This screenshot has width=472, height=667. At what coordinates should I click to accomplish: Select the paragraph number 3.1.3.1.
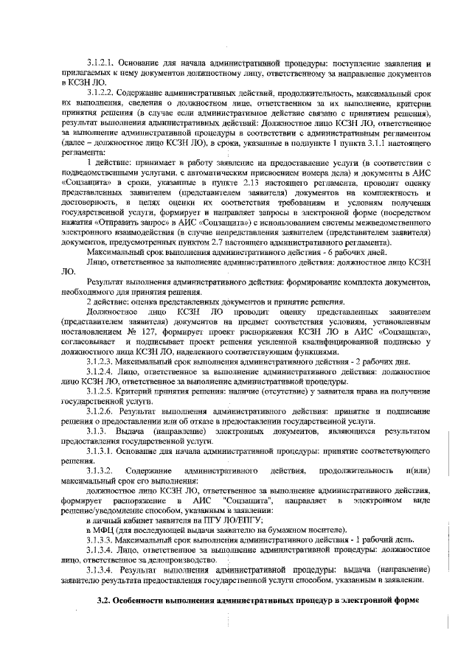pyautogui.click(x=100, y=449)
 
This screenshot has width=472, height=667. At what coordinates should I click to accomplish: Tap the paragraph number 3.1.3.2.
pyautogui.click(x=99, y=469)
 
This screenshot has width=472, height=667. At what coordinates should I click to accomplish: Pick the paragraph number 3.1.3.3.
pyautogui.click(x=100, y=542)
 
